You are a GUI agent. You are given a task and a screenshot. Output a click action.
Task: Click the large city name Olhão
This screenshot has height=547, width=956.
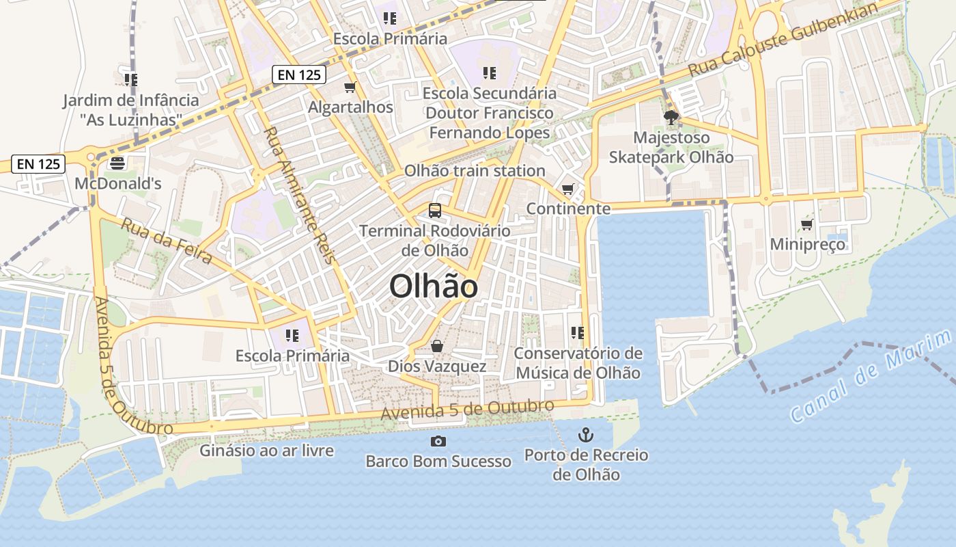tap(433, 286)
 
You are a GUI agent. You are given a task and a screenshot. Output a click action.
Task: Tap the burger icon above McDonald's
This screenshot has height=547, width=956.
tap(117, 163)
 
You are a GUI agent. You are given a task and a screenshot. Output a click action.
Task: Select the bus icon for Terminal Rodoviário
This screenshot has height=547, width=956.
tap(435, 210)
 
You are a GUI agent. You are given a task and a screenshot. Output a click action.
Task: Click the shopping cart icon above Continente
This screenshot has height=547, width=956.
tap(567, 189)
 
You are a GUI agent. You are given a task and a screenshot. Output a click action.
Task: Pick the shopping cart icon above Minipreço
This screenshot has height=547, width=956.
tap(806, 224)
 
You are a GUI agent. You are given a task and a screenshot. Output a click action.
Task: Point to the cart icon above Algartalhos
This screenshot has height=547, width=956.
tap(350, 87)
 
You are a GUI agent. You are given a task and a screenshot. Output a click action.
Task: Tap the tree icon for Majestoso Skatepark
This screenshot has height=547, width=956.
tap(671, 117)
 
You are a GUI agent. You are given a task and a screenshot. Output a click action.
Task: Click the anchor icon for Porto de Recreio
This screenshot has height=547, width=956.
tap(585, 434)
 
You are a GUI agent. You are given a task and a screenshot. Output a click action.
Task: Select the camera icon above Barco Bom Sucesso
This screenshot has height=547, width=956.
tap(438, 441)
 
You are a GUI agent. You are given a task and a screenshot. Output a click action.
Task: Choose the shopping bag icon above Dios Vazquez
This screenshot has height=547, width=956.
tap(437, 347)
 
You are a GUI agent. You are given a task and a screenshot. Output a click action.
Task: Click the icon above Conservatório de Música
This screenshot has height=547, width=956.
tap(578, 333)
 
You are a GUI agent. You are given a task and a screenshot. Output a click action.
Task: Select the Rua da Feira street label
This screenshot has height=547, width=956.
tap(166, 240)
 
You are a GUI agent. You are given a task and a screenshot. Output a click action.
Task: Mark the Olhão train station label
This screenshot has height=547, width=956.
tap(475, 170)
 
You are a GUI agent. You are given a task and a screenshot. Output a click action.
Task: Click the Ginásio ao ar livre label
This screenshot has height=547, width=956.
tap(266, 451)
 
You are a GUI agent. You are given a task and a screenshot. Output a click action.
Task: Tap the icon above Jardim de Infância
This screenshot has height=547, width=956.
tap(131, 80)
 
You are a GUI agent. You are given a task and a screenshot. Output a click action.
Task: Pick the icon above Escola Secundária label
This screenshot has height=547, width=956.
tap(489, 72)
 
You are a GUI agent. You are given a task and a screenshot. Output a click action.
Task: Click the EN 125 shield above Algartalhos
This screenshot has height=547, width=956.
tap(298, 75)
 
